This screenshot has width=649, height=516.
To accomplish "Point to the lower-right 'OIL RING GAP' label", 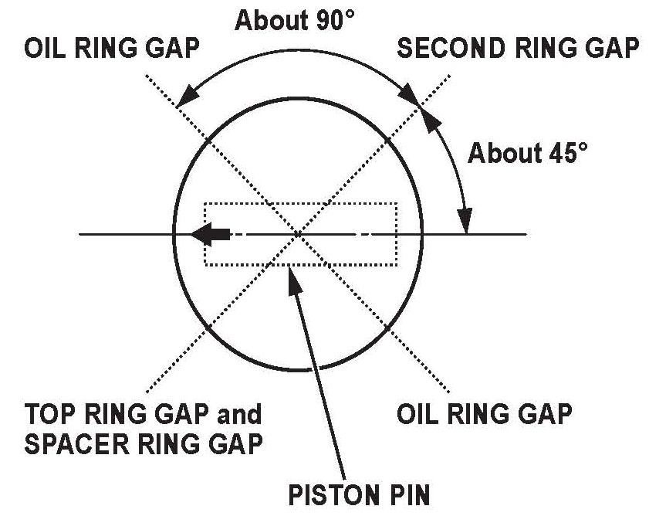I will pyautogui.click(x=484, y=415).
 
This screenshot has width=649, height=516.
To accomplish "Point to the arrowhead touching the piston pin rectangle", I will pyautogui.click(x=292, y=272).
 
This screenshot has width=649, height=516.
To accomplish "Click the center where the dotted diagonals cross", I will pyautogui.click(x=299, y=233).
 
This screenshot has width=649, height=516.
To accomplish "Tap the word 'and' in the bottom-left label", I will pyautogui.click(x=240, y=415).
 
